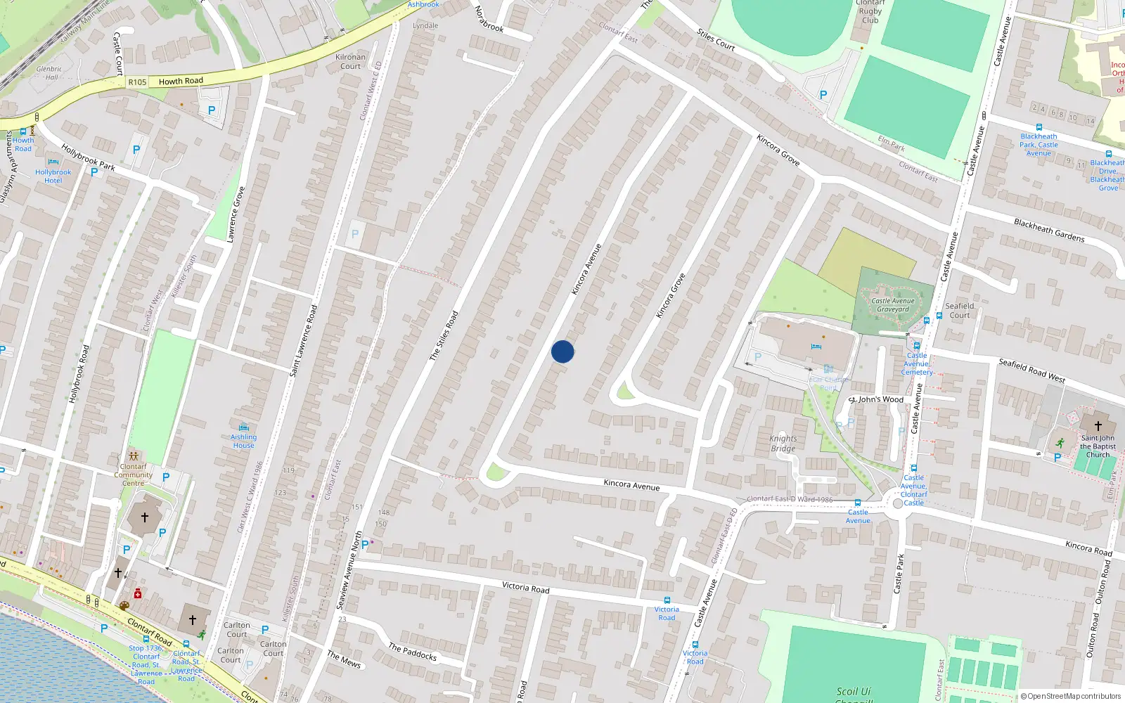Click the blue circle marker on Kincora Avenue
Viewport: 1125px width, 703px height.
click(x=562, y=351)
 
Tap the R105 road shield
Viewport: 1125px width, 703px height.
click(x=137, y=82)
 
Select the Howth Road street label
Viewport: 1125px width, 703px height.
click(x=181, y=81)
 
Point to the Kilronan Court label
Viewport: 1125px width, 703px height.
click(x=350, y=62)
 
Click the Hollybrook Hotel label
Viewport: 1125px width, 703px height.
click(x=53, y=176)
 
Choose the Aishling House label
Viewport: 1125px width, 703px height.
click(x=244, y=441)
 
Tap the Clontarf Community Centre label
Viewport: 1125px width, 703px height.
click(x=134, y=475)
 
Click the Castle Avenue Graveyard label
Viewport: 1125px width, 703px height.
click(x=893, y=305)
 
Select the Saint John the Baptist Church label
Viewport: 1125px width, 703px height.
click(x=1098, y=446)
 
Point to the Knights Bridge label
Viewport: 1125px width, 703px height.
click(x=783, y=443)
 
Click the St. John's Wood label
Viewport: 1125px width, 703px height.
click(x=876, y=399)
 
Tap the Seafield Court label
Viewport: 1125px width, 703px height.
click(x=960, y=310)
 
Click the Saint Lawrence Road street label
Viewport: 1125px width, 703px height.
click(x=304, y=340)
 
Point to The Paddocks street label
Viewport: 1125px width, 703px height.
click(x=413, y=652)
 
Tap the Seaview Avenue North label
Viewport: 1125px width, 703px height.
click(x=349, y=570)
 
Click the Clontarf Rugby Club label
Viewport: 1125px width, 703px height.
click(x=870, y=12)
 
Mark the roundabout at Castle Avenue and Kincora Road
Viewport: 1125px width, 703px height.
click(x=898, y=503)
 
